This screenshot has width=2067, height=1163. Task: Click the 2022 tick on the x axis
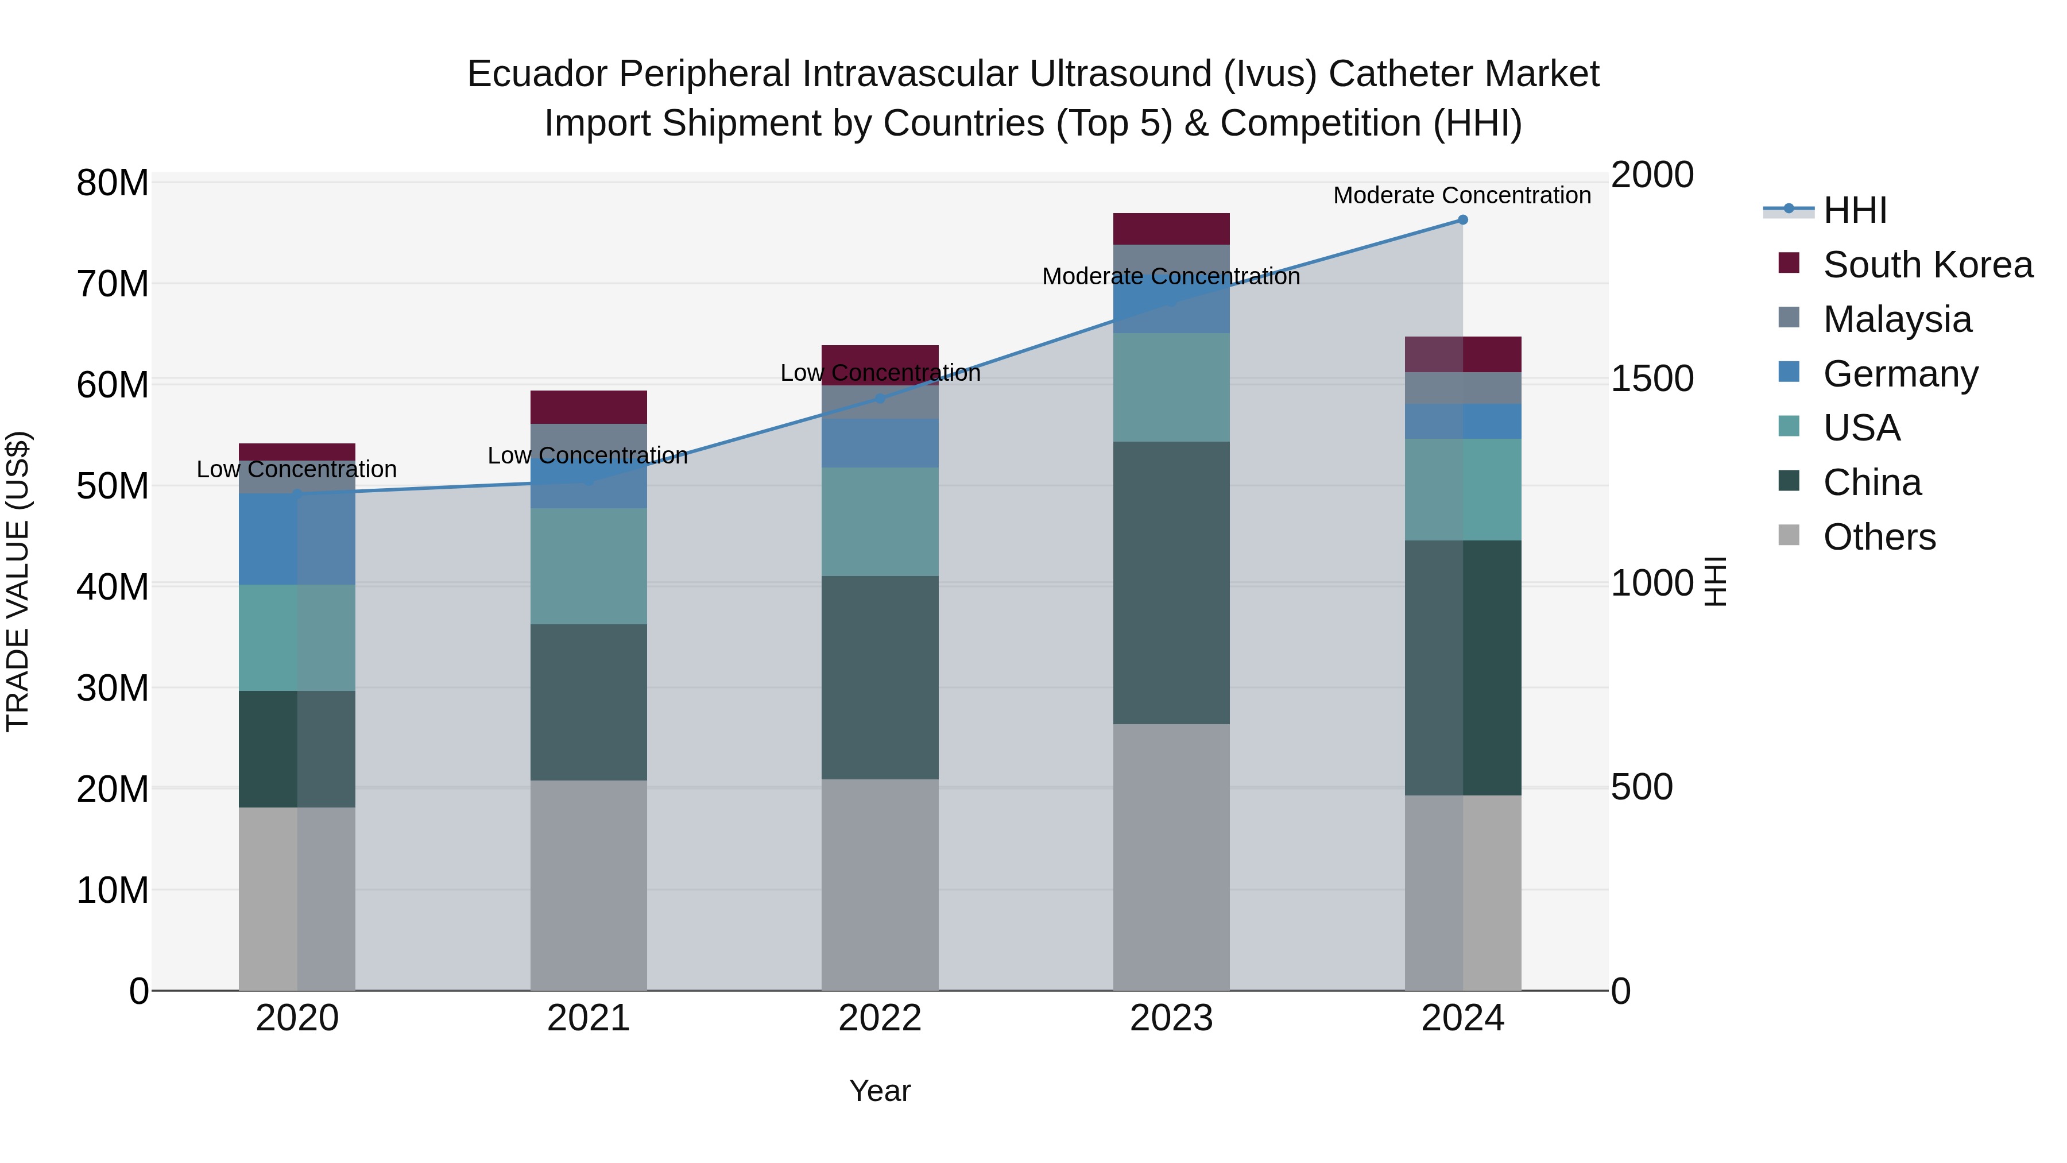click(x=880, y=1018)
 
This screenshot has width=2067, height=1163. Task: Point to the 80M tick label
click(x=113, y=183)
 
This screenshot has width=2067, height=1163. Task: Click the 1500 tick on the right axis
click(x=1652, y=379)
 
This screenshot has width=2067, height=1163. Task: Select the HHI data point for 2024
click(x=1463, y=220)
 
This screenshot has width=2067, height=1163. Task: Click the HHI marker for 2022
click(x=880, y=398)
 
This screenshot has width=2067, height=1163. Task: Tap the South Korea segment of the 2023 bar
click(x=1171, y=229)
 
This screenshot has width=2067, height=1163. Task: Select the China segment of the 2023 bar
click(x=1171, y=583)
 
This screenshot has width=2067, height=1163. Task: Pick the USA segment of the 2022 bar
click(x=880, y=521)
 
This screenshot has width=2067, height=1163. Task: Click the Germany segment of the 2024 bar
click(x=1463, y=422)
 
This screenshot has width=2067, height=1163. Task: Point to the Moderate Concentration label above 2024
click(x=1462, y=195)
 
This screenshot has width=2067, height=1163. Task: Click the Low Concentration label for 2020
click(x=296, y=470)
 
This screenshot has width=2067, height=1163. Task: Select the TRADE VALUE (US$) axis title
click(x=18, y=581)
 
